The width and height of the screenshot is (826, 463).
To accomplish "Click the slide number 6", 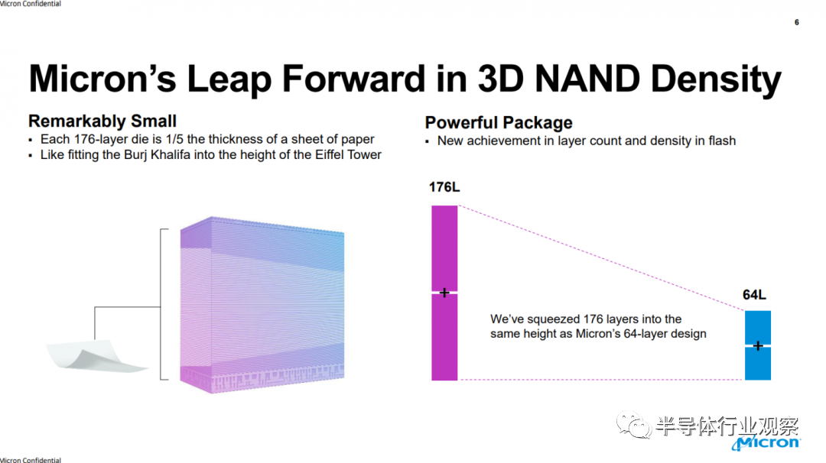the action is [796, 22].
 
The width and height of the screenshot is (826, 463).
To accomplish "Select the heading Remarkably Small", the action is [102, 121].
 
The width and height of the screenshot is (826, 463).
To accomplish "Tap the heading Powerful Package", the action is [499, 122].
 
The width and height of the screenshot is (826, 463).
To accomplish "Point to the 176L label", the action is [444, 187].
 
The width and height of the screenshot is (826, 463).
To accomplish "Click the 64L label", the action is [754, 295].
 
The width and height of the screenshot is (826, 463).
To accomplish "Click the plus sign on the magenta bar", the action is [444, 293].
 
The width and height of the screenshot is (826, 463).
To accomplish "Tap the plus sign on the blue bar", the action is [757, 345].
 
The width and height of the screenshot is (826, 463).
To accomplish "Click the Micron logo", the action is [766, 442].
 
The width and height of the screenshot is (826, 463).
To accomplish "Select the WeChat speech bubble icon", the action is [634, 425].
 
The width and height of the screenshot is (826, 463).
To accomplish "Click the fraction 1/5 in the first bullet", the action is [174, 139].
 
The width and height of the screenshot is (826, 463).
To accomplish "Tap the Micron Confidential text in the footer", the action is [31, 460].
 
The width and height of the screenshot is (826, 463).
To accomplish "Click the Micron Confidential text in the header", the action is [31, 4].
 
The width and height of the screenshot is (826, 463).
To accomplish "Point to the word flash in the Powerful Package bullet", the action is [722, 141].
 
